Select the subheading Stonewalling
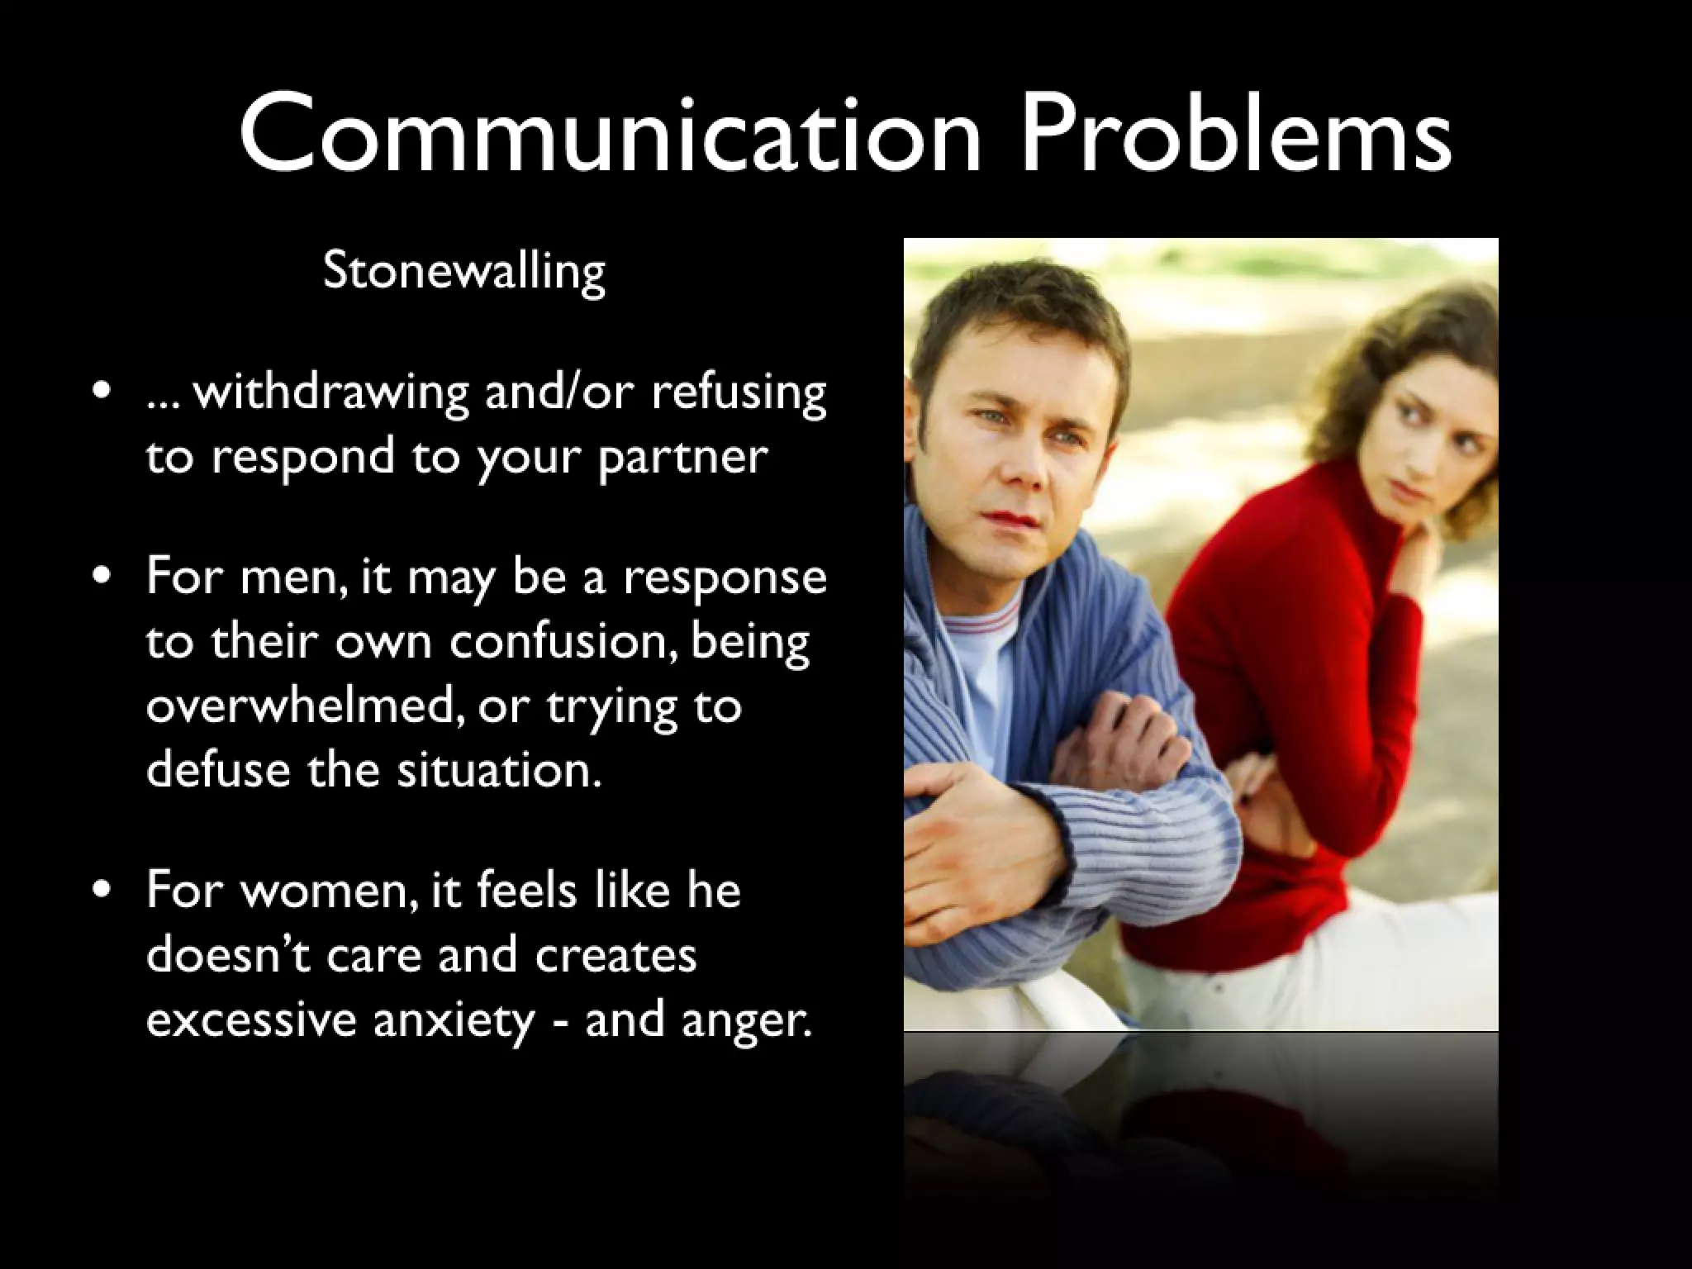click(x=464, y=271)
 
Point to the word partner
click(x=682, y=458)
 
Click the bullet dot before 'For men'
click(x=102, y=575)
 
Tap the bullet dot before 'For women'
click(x=102, y=890)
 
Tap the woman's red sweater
click(x=1289, y=661)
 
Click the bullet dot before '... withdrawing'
click(x=102, y=390)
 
